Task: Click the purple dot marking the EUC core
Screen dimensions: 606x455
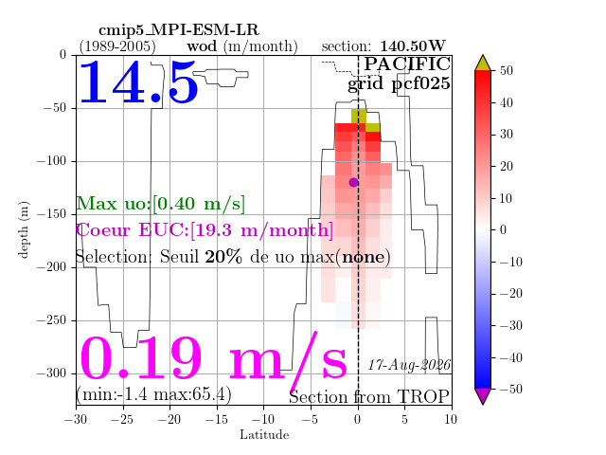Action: click(353, 182)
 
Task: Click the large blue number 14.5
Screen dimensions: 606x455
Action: click(138, 82)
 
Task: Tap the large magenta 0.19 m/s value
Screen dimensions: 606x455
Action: click(213, 358)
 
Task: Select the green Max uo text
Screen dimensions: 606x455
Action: click(160, 204)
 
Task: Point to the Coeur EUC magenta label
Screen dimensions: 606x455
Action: click(205, 230)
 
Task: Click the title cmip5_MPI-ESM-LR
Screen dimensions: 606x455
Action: click(179, 30)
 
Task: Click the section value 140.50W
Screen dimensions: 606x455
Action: click(413, 46)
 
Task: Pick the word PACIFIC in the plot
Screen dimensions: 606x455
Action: click(407, 64)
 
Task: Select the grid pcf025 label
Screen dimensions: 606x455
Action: click(399, 84)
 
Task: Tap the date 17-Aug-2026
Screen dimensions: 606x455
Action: click(409, 365)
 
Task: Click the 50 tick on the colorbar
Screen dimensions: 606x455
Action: click(507, 70)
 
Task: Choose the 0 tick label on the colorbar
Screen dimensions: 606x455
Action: click(503, 229)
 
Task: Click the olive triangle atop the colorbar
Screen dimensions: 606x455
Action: click(483, 64)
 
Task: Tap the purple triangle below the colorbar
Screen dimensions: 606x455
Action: click(483, 396)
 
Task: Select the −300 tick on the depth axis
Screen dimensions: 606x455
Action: click(52, 373)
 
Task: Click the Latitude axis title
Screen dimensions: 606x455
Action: click(264, 435)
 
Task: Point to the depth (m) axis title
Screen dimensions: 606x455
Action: click(23, 229)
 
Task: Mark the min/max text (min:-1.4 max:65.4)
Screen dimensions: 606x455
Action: click(153, 394)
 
